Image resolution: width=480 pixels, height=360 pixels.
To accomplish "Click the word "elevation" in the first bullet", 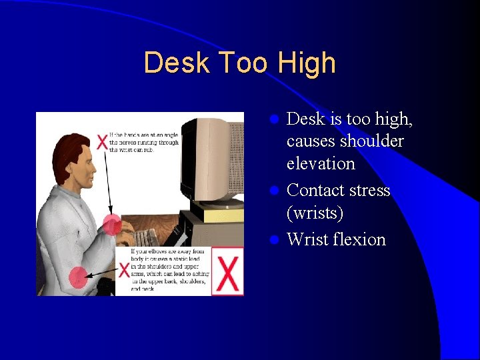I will (321, 163).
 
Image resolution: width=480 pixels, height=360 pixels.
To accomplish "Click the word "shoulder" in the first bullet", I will (371, 141).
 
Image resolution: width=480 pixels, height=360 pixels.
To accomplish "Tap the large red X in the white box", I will (228, 273).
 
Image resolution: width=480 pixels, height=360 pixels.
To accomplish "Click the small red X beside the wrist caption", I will (102, 142).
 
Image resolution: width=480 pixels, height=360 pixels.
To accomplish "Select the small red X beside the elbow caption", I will (124, 269).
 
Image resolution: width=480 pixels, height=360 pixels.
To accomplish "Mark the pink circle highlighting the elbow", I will (79, 276).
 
